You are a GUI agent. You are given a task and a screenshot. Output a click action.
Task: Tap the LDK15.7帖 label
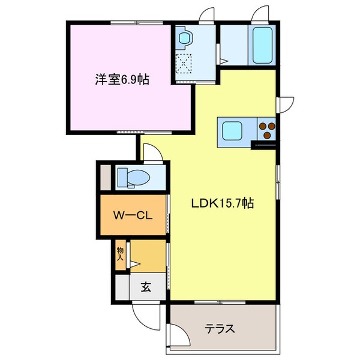pyautogui.click(x=223, y=203)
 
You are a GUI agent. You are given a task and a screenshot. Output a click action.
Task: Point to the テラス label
pyautogui.click(x=220, y=329)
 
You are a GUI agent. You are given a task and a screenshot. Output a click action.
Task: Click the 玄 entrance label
pyautogui.click(x=146, y=287)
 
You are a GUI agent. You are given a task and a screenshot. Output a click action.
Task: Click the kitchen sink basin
pyautogui.click(x=232, y=129)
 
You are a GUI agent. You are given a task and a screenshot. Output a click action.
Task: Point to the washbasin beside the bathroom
pyautogui.click(x=184, y=37)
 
